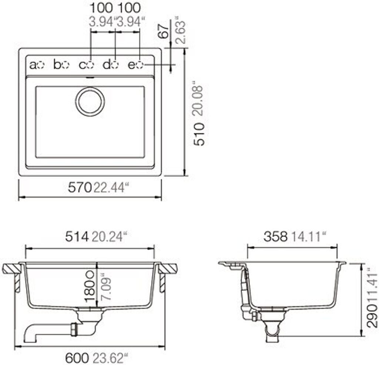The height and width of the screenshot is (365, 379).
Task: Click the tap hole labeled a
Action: (41, 65)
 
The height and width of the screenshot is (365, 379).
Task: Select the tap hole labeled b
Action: (66, 65)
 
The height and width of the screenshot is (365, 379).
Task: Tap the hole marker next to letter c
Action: (90, 65)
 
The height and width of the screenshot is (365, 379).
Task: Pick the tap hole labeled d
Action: (115, 65)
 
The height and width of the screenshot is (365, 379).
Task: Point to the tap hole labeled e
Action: (140, 65)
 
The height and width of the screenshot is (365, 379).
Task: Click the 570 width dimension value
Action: (80, 187)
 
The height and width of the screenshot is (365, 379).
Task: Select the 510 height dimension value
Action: (199, 134)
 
